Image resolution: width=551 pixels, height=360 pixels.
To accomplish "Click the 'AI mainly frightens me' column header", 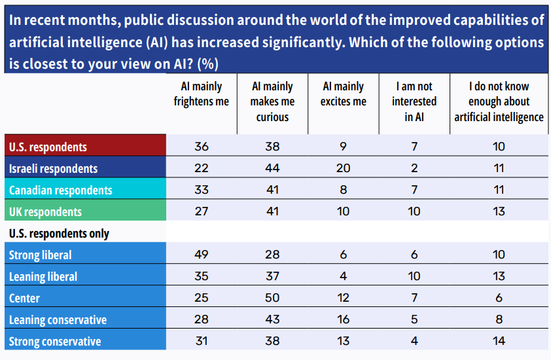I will tap(202, 94).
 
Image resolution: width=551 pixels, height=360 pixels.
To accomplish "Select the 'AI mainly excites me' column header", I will tap(344, 94).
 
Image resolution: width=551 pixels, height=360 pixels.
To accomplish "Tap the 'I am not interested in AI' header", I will tap(414, 101).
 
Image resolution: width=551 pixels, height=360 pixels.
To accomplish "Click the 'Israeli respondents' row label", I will tap(53, 168).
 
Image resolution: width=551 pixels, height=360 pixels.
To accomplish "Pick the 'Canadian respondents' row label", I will tap(60, 190).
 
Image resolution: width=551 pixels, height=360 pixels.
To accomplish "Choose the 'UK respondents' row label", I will tap(45, 212).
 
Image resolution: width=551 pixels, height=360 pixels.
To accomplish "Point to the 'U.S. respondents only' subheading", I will tap(59, 234).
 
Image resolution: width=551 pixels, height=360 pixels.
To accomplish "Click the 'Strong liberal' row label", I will tap(41, 255).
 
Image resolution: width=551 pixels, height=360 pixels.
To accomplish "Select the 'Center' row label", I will tap(24, 298).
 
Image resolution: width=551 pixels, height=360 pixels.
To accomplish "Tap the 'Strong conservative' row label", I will tap(55, 341).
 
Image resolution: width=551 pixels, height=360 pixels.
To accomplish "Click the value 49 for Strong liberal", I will tap(202, 255).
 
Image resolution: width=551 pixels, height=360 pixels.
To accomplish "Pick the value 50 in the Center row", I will tap(272, 298).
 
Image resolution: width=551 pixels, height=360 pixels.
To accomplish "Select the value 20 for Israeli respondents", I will tap(344, 168).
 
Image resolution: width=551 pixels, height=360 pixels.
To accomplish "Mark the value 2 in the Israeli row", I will tap(414, 168).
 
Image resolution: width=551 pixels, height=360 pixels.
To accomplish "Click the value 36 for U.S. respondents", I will tap(202, 147).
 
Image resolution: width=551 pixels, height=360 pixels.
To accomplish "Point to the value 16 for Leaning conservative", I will tap(344, 319).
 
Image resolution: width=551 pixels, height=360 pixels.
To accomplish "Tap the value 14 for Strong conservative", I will tap(499, 341).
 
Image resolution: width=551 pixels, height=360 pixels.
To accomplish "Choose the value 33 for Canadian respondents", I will tap(202, 190).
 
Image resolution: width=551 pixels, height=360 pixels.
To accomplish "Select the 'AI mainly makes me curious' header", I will tap(272, 101).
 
